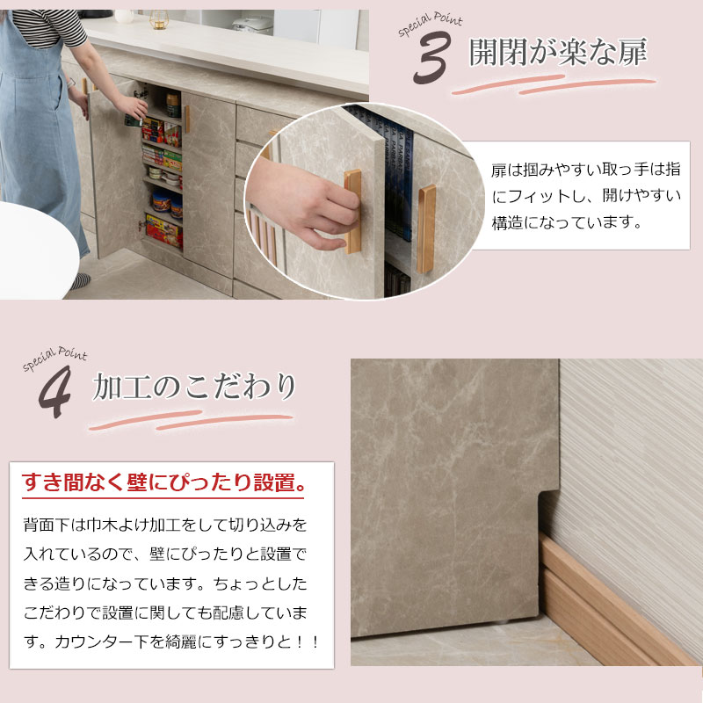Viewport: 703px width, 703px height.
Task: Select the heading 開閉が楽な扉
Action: tap(557, 54)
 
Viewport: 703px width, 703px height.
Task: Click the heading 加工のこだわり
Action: tap(193, 388)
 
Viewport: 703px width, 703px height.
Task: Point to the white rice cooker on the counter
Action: tap(252, 25)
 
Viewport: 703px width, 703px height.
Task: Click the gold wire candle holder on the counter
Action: tap(158, 19)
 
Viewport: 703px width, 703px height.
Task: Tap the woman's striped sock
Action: tap(80, 280)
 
